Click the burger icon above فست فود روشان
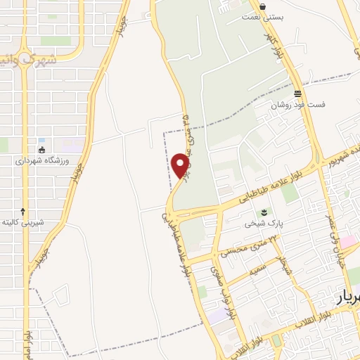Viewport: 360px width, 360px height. coord(298,94)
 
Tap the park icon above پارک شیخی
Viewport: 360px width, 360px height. coord(264,212)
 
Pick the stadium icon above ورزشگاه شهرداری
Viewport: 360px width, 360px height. coord(42,149)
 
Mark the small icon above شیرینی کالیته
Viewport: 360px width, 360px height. coord(23,211)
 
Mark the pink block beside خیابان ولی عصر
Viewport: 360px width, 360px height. coord(349,243)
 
